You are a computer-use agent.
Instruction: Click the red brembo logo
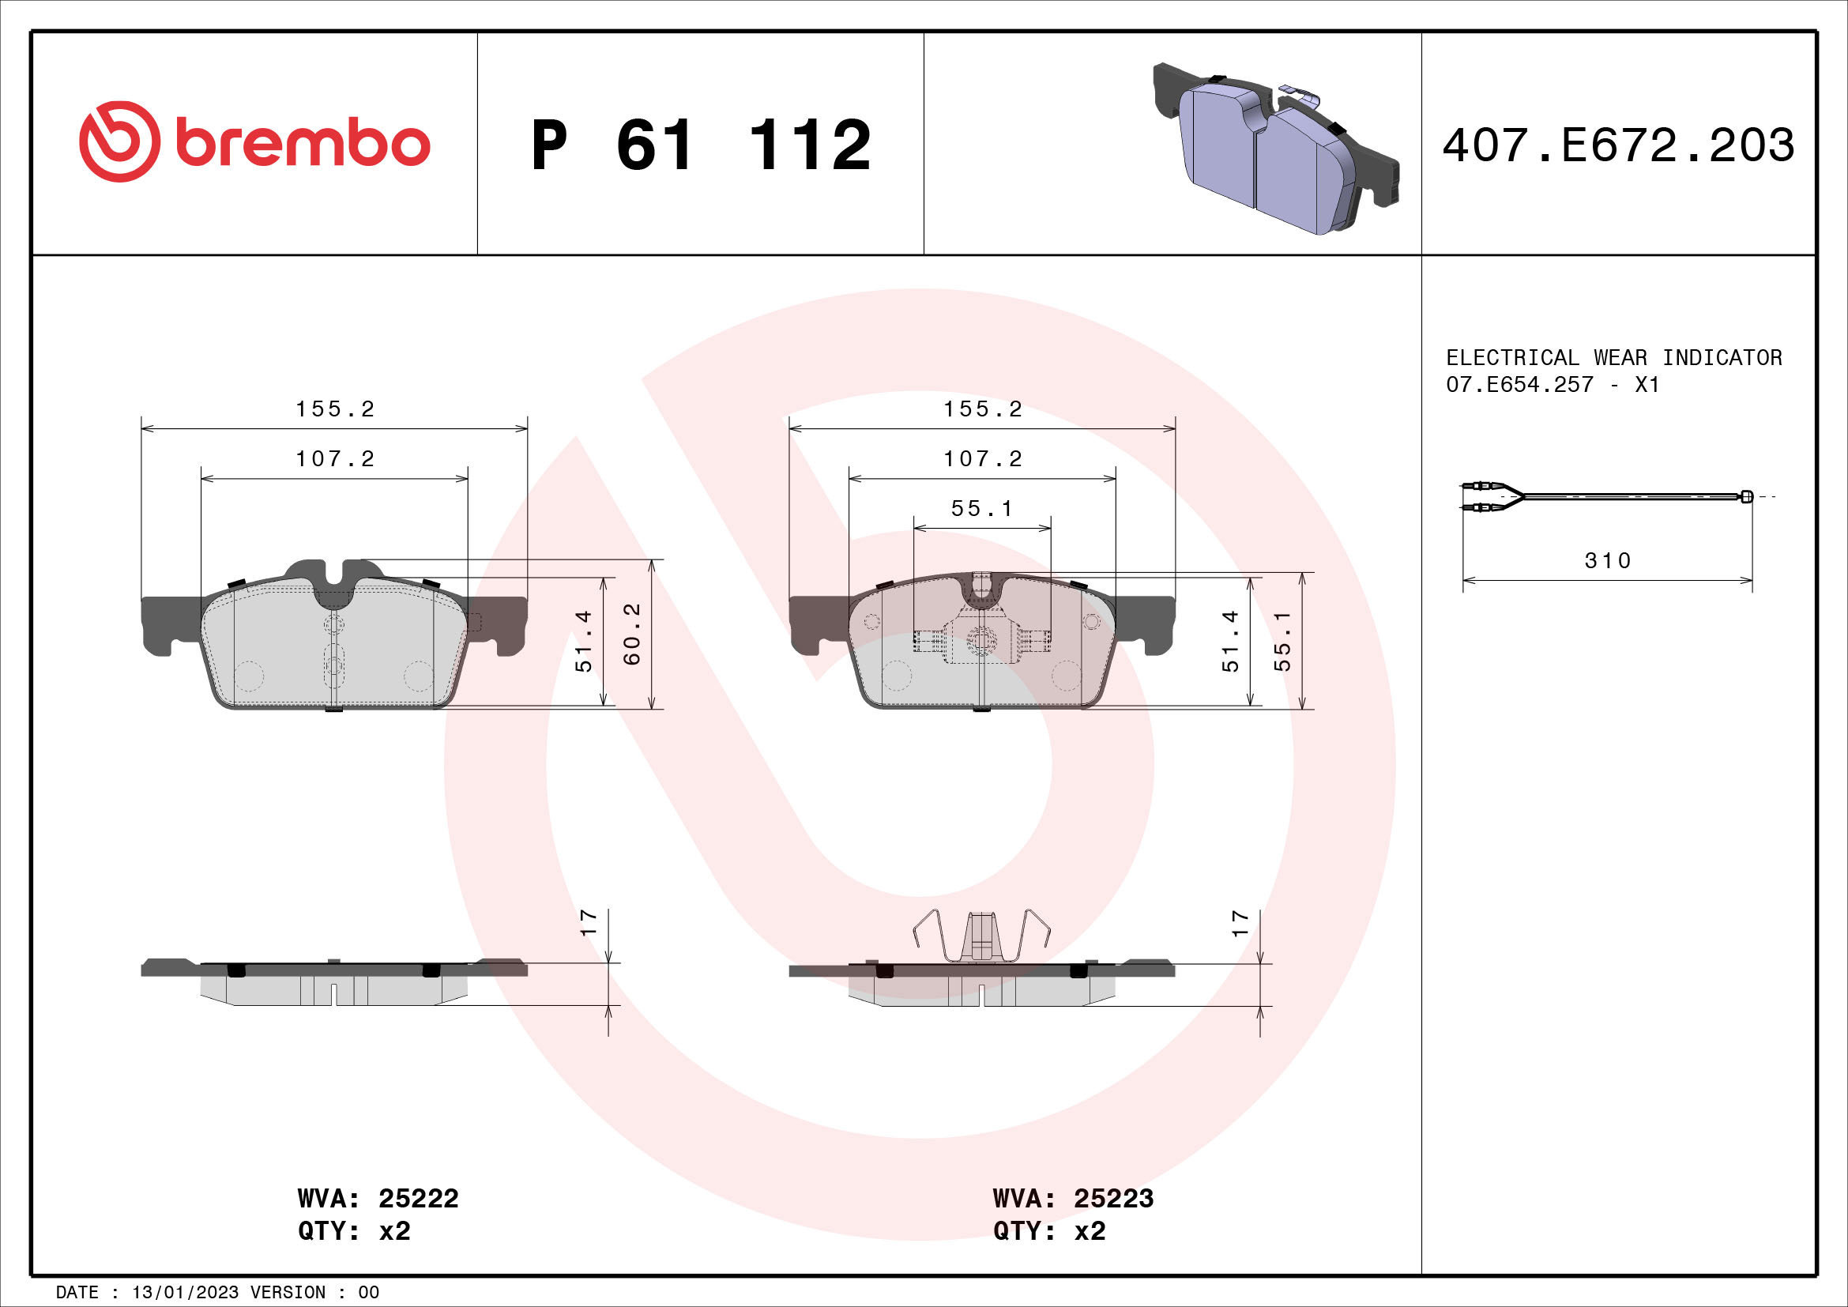[254, 142]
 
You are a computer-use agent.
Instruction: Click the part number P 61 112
[700, 145]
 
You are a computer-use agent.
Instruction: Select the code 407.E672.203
[1618, 145]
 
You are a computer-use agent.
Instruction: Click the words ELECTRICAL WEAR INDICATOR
[1613, 357]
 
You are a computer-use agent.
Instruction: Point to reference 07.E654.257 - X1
[1552, 385]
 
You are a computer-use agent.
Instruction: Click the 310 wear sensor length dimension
[1606, 560]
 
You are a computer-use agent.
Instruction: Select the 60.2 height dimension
[633, 635]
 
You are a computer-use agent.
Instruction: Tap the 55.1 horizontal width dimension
[981, 509]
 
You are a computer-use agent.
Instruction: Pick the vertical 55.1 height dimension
[1282, 642]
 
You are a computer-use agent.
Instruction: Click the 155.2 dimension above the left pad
[335, 409]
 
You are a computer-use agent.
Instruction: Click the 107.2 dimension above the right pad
[982, 459]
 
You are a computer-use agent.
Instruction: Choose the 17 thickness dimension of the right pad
[1240, 923]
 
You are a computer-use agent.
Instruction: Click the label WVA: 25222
[378, 1199]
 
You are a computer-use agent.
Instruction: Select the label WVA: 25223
[1072, 1199]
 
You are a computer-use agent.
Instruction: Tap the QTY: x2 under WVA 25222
[354, 1231]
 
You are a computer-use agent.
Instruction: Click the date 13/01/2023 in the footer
[185, 1293]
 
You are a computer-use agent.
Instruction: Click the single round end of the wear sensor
[1746, 495]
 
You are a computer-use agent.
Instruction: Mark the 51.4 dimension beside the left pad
[584, 642]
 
